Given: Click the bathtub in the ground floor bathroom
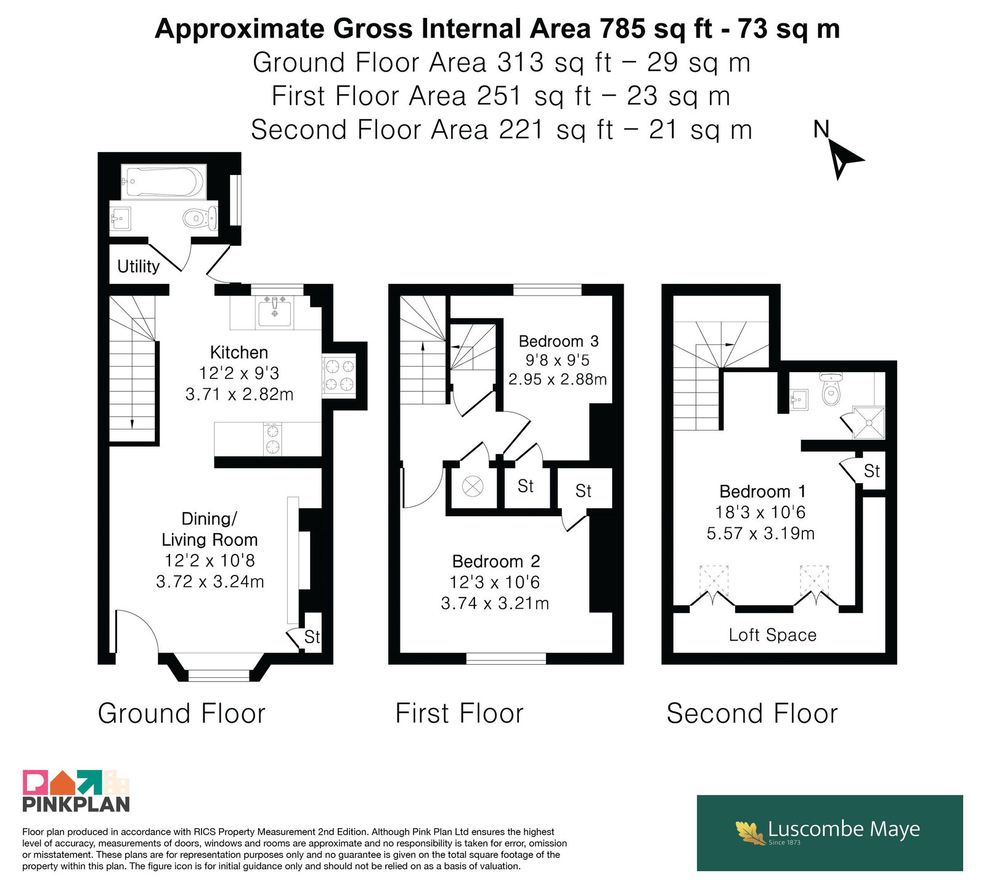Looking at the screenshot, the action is [x=163, y=182].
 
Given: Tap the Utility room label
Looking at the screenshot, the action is [x=139, y=266].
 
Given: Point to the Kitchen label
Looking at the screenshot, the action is [x=239, y=352].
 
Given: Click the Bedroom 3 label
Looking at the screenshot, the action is [x=558, y=341].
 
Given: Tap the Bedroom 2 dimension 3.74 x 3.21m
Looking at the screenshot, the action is [x=495, y=603].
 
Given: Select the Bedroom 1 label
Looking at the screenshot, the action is [x=762, y=492].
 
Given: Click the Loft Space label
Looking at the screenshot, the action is [x=773, y=635].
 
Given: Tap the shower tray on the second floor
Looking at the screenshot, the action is [x=868, y=423].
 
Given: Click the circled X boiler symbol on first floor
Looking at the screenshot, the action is [x=473, y=487].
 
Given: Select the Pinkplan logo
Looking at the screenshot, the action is [x=76, y=790].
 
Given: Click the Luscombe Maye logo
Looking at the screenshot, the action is [x=829, y=832].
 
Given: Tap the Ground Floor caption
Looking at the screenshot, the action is [x=181, y=713].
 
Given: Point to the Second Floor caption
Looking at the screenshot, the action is [x=752, y=713].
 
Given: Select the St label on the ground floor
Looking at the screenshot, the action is [x=312, y=637].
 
